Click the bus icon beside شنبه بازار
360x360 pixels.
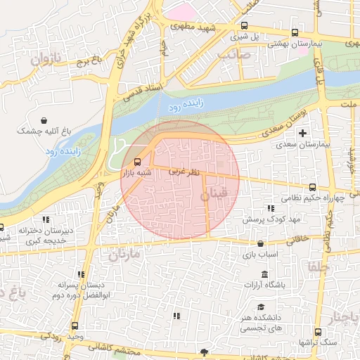point(137,161)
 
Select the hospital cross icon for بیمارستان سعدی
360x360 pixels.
point(303,132)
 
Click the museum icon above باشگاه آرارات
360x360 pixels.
point(264,274)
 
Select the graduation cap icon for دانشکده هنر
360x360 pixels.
point(261,307)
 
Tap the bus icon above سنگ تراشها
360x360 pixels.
point(318,332)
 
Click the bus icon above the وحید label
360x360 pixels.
point(75,326)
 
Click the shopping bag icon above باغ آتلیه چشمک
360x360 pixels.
point(45,120)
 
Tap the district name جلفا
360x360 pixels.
point(314,266)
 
